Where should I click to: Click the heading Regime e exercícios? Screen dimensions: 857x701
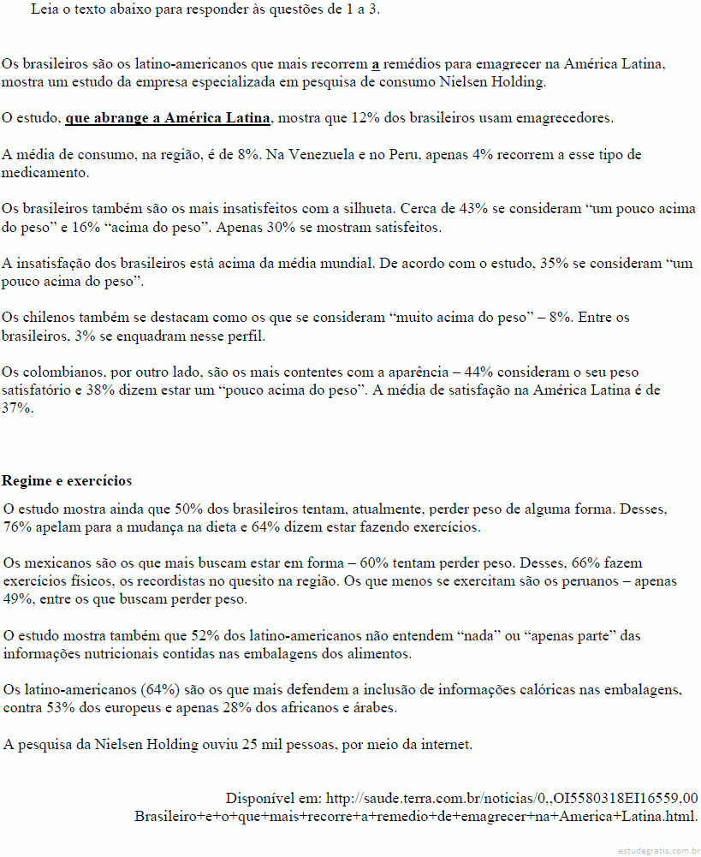[67, 480]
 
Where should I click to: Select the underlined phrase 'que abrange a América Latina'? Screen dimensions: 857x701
[168, 118]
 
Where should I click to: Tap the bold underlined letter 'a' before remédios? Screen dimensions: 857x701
[376, 63]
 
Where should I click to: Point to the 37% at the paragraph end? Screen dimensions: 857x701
[16, 408]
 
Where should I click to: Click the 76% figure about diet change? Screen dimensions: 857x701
[18, 527]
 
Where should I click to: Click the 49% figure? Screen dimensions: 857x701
[18, 599]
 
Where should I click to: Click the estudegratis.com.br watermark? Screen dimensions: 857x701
[656, 850]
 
